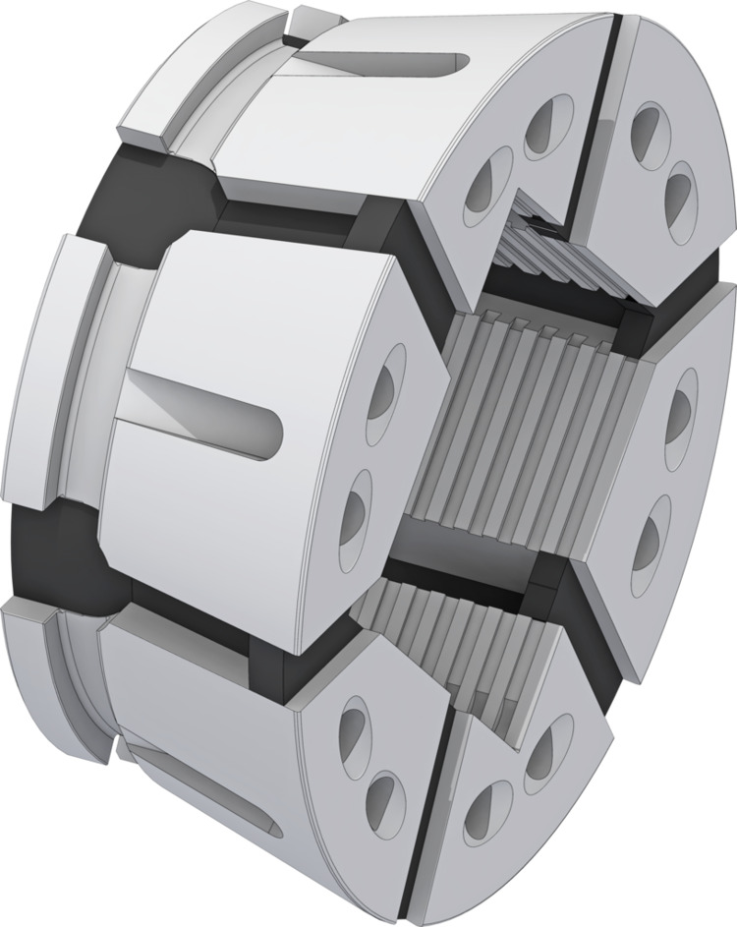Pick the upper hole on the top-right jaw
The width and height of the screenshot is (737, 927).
coord(649,128)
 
